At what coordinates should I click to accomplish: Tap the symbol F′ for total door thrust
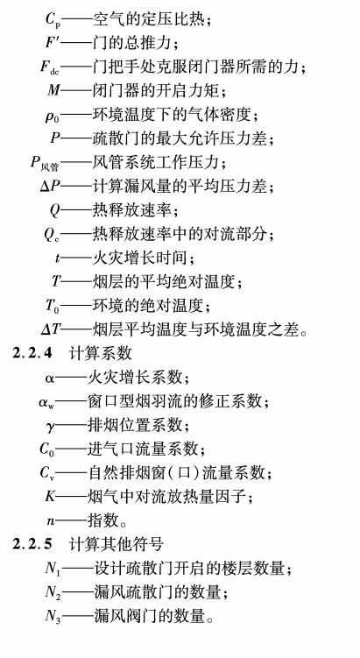[53, 43]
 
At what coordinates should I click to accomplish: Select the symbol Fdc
[50, 67]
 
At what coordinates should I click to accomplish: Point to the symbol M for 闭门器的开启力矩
[53, 90]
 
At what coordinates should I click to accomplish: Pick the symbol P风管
[45, 163]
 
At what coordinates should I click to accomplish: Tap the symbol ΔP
[50, 186]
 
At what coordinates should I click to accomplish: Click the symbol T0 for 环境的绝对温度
[53, 306]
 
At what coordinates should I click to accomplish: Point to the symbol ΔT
[51, 329]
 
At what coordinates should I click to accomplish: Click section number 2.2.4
[32, 353]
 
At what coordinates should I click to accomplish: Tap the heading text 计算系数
[101, 353]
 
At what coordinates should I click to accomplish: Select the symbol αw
[46, 402]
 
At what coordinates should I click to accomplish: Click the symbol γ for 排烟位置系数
[50, 427]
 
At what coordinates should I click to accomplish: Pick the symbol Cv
[47, 473]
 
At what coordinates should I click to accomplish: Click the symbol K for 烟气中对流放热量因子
[50, 497]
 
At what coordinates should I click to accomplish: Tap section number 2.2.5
[32, 544]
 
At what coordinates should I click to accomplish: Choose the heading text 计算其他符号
[116, 544]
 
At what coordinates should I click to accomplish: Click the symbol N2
[53, 593]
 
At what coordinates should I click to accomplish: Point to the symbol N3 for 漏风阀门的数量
[53, 617]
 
